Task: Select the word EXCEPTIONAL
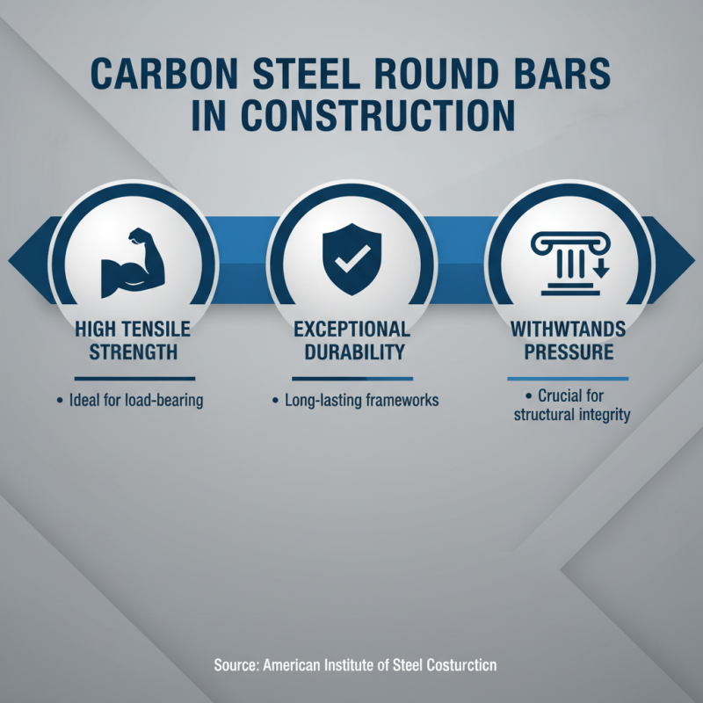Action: pos(351,330)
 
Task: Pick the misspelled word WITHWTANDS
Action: pos(569,330)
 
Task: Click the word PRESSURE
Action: pos(569,352)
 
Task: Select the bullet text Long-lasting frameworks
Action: pos(361,401)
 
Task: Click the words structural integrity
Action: pos(572,415)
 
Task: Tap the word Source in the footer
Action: pos(236,665)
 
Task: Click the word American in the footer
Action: pos(295,665)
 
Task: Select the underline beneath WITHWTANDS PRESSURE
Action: pos(569,379)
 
